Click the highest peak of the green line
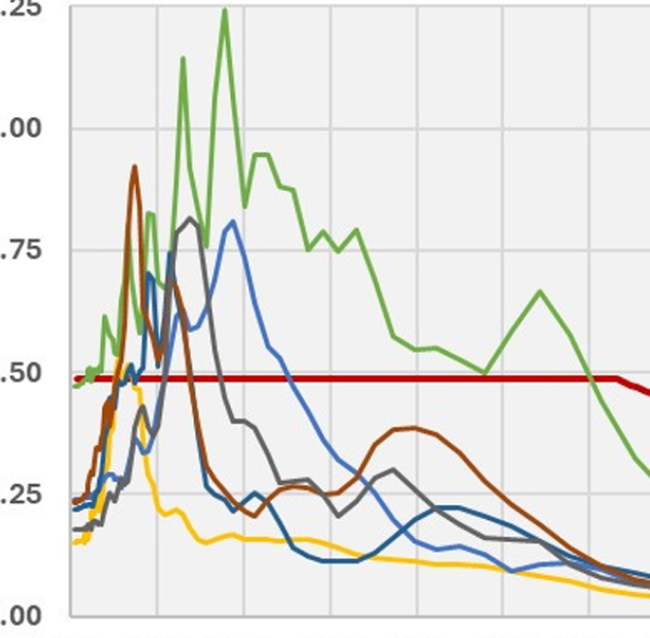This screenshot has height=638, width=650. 225,12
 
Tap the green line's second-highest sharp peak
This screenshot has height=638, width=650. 182,59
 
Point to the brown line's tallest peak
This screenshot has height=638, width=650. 134,168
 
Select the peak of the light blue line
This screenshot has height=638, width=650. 232,222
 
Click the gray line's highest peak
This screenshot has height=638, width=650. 190,219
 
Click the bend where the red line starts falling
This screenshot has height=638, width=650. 617,378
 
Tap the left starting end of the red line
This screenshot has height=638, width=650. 76,378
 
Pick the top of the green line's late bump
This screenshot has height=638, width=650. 540,291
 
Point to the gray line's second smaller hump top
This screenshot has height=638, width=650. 392,469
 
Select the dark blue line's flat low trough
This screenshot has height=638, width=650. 335,560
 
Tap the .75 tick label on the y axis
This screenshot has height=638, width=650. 20,250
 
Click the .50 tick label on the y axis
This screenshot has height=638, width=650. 20,372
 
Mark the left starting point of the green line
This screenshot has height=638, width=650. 75,386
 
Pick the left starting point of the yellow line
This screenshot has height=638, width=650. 75,542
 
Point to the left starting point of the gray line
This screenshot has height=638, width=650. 75,529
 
